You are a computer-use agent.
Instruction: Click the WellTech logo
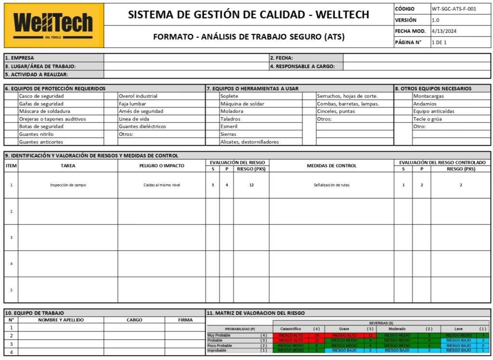pyautogui.click(x=53, y=25)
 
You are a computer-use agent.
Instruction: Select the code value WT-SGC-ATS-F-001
pyautogui.click(x=454, y=9)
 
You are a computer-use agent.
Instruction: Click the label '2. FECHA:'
pyautogui.click(x=282, y=58)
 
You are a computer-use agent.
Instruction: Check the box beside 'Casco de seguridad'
pyautogui.click(x=11, y=96)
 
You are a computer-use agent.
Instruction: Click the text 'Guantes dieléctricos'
pyautogui.click(x=142, y=126)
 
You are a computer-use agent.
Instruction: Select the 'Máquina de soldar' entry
pyautogui.click(x=242, y=104)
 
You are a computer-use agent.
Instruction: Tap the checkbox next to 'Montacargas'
pyautogui.click(x=403, y=96)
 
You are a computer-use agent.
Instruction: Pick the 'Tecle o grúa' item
pyautogui.click(x=428, y=119)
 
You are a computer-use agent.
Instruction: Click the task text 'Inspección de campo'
pyautogui.click(x=68, y=185)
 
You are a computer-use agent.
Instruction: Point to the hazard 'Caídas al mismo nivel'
pyautogui.click(x=162, y=185)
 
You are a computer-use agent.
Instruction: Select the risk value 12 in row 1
pyautogui.click(x=251, y=185)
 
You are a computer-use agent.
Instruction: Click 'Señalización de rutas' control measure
pyautogui.click(x=331, y=185)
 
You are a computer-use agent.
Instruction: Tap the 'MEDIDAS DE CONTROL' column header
pyautogui.click(x=331, y=166)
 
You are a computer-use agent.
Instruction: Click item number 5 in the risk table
pyautogui.click(x=11, y=290)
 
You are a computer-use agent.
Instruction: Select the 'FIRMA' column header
pyautogui.click(x=185, y=320)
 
